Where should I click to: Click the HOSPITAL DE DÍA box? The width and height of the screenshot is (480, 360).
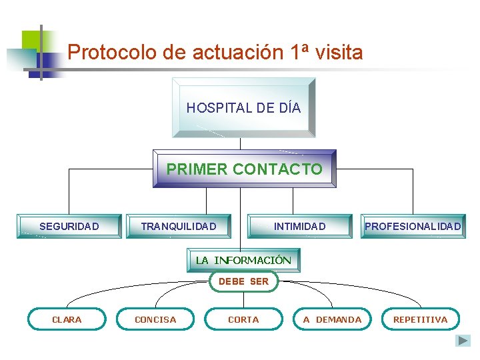click(243, 107)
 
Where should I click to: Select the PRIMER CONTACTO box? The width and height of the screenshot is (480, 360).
click(244, 169)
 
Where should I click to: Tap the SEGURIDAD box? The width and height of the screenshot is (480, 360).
click(69, 226)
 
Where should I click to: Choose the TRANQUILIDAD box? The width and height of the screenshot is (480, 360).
click(179, 226)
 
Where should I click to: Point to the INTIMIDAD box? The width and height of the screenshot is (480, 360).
click(299, 226)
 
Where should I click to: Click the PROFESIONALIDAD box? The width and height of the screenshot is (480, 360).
click(413, 226)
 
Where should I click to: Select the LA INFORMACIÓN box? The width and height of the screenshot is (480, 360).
click(243, 260)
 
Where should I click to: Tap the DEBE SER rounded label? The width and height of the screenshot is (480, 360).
click(243, 281)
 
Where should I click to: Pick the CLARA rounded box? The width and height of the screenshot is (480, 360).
click(67, 319)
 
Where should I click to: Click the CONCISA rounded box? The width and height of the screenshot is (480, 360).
click(155, 319)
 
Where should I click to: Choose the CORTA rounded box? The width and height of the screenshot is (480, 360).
click(243, 319)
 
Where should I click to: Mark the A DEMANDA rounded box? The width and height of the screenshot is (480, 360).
click(332, 319)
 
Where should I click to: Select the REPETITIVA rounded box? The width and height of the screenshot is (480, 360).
click(420, 319)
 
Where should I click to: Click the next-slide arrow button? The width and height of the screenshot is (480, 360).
click(463, 341)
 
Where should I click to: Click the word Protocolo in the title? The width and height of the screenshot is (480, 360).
click(101, 52)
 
